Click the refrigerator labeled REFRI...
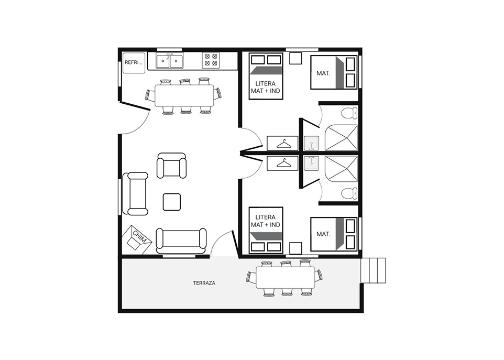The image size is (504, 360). (134, 63)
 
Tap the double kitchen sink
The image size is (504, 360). (170, 61)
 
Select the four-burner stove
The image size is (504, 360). (211, 60)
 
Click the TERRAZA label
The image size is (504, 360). (204, 283)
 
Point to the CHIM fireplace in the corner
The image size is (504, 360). (137, 239)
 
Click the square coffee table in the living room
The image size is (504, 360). (172, 202)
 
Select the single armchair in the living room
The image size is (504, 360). (172, 166)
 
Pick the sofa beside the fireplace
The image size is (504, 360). (181, 241)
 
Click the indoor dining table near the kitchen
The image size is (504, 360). (184, 95)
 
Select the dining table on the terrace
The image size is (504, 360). (286, 278)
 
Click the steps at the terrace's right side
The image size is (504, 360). (373, 270)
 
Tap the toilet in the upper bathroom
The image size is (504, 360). (349, 113)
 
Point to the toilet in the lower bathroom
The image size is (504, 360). (349, 193)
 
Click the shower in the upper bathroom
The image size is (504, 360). (342, 138)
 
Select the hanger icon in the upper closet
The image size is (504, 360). (283, 144)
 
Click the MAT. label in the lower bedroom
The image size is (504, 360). (323, 234)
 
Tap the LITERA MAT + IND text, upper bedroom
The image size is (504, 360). (266, 87)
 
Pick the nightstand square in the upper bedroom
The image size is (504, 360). (295, 58)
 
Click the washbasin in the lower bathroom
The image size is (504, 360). (312, 163)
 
